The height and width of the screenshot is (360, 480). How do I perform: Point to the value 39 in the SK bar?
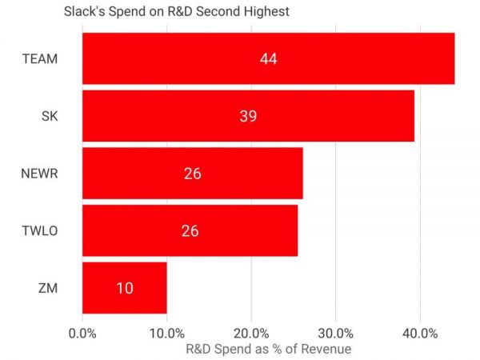[x=248, y=116]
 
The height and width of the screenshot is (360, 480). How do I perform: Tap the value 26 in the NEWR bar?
[x=192, y=173]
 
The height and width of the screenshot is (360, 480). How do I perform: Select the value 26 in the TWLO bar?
[x=190, y=230]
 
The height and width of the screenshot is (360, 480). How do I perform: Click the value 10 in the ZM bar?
[x=124, y=288]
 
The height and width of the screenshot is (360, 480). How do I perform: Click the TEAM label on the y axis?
[x=41, y=58]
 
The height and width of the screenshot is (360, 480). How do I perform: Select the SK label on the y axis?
[x=50, y=116]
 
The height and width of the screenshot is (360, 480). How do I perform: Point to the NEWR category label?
[x=39, y=173]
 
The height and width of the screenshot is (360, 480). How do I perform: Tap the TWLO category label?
[x=40, y=230]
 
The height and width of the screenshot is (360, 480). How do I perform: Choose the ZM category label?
[x=50, y=288]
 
